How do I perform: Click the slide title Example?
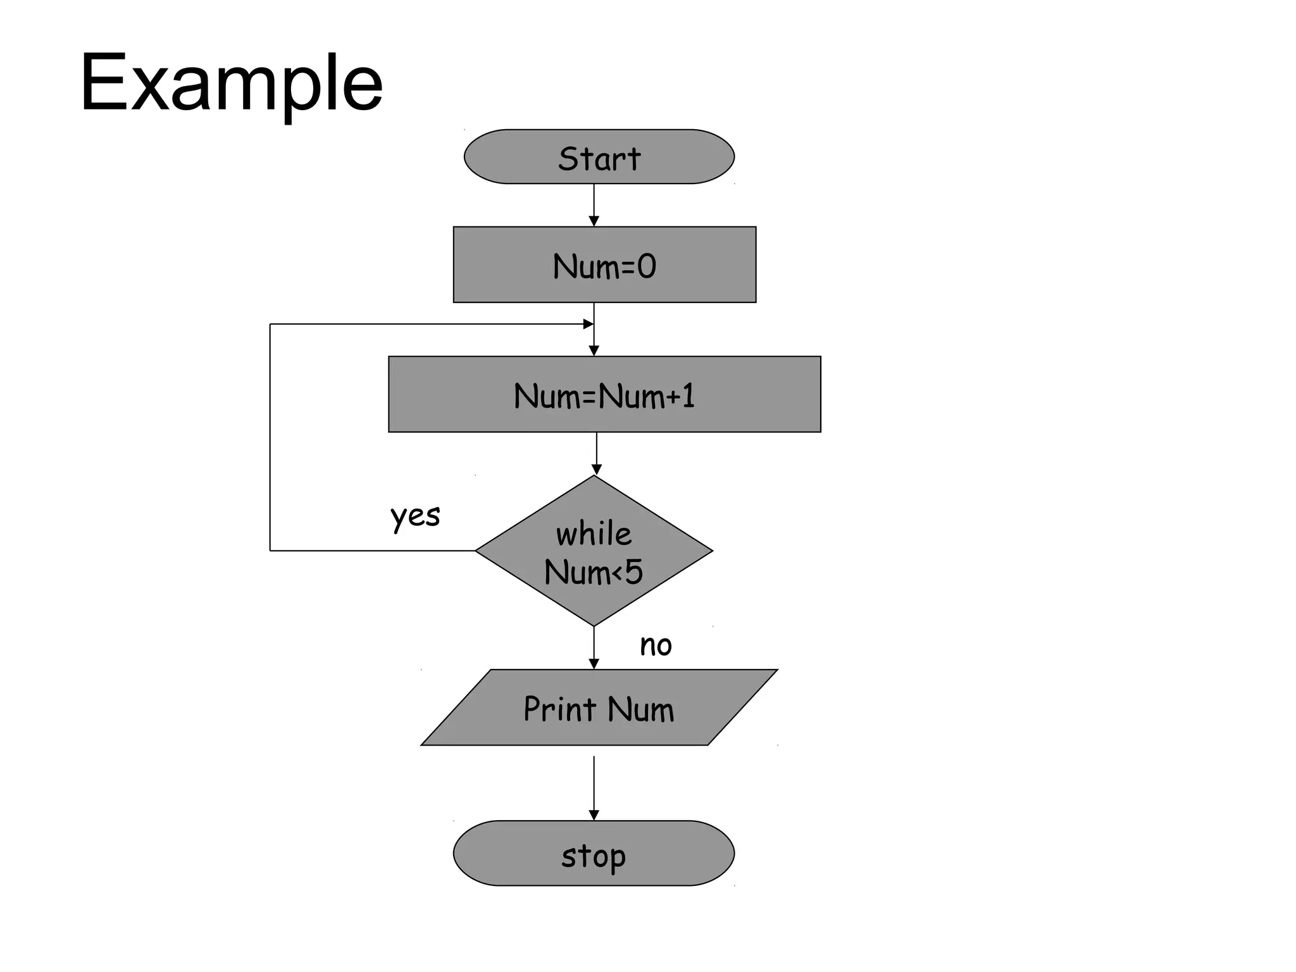(x=231, y=82)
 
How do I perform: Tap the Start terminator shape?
(x=599, y=157)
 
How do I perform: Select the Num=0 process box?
(x=604, y=265)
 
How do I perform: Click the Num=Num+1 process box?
(x=604, y=394)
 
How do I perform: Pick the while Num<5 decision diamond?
(x=594, y=551)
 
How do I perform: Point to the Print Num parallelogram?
(x=599, y=707)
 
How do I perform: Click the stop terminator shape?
(x=594, y=853)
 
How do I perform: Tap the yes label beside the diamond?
(x=415, y=516)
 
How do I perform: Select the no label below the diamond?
(x=656, y=645)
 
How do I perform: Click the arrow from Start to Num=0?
(x=594, y=204)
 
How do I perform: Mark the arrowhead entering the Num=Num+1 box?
(x=594, y=351)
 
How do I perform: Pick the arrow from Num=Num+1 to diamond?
(x=596, y=453)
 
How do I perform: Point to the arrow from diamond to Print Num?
(x=594, y=647)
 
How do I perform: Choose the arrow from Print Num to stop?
(x=594, y=788)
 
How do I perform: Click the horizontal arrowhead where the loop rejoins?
(x=588, y=324)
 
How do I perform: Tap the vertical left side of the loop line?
(x=270, y=437)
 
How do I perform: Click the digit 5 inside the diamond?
(x=634, y=571)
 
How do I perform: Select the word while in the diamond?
(x=594, y=533)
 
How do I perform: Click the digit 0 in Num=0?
(x=647, y=266)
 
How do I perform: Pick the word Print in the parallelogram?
(x=560, y=709)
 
